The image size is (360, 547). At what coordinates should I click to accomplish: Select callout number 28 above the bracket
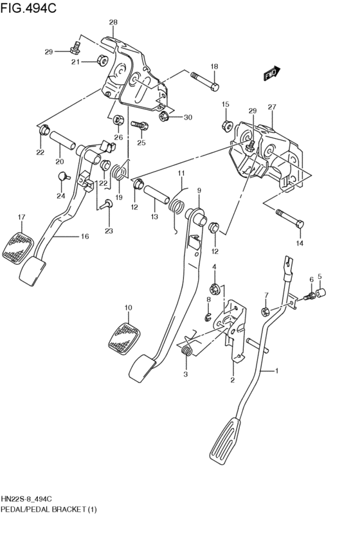[113, 22]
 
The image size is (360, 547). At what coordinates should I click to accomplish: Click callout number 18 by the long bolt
[214, 66]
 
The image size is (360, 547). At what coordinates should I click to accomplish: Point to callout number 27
[271, 107]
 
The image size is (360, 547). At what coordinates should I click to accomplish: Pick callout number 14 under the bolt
[298, 244]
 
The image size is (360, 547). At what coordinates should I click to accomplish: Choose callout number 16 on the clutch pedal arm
[84, 237]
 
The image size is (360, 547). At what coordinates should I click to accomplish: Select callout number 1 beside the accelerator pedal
[277, 372]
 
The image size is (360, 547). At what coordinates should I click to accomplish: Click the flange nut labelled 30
[164, 116]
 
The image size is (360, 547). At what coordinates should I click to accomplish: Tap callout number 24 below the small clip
[60, 196]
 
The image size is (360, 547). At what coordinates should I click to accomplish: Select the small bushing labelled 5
[319, 294]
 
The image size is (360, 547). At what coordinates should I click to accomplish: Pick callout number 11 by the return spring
[181, 174]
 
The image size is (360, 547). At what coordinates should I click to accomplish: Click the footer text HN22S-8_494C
[26, 499]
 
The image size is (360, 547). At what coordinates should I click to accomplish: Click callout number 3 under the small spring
[185, 374]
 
